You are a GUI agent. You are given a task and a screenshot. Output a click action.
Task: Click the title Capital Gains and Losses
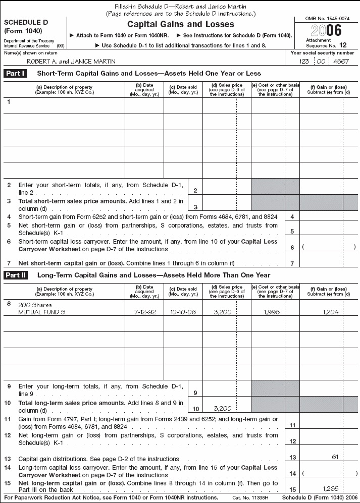[180, 24]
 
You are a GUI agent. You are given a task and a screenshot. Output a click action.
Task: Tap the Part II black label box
[16, 275]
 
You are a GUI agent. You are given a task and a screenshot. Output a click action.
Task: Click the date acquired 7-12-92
[144, 312]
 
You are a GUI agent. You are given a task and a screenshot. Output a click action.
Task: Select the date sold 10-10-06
[183, 312]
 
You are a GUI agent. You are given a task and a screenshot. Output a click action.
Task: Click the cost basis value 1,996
[272, 312]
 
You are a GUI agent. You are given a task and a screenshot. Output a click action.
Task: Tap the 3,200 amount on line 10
[222, 408]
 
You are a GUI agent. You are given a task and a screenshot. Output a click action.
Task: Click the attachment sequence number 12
[343, 45]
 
